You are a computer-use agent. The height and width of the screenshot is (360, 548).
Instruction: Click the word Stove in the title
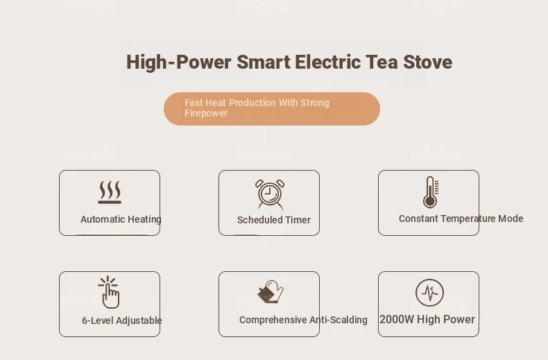coord(427,62)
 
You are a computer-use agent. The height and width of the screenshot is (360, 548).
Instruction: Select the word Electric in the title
coord(327,62)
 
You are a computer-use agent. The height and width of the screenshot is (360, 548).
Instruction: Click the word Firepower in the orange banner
coord(206,113)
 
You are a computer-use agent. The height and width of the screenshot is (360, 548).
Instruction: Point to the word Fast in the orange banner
coord(194,103)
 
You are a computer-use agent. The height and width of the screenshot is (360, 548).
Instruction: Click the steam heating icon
coord(110,192)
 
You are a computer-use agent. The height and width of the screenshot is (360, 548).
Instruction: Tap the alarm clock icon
coord(270,194)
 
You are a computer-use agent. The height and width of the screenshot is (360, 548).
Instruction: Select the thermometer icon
coord(431,192)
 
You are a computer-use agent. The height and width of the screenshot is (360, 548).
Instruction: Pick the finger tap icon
coord(109,292)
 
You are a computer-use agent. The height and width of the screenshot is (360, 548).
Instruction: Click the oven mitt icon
coord(271,291)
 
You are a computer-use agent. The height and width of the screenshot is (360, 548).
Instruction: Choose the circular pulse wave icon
coord(429,293)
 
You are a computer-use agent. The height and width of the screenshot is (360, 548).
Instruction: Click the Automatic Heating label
coord(121,219)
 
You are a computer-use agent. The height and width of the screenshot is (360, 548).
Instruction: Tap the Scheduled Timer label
coord(274,220)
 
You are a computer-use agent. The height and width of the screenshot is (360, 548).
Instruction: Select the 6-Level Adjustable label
coord(122,320)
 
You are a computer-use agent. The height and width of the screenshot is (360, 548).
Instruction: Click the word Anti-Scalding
coord(339,320)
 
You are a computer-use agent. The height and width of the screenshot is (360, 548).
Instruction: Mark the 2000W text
coord(397,319)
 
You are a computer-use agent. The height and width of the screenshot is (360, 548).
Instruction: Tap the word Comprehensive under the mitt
coord(273,320)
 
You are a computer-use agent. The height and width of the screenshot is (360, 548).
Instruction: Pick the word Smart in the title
coord(264,62)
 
